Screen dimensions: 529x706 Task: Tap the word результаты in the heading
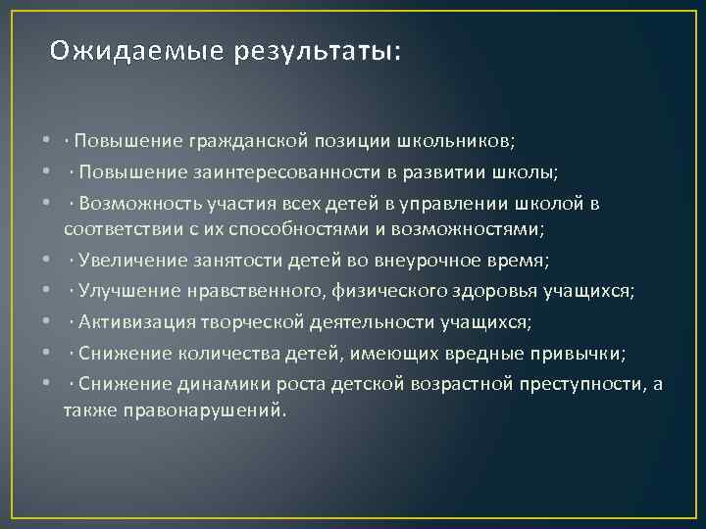(316, 50)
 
